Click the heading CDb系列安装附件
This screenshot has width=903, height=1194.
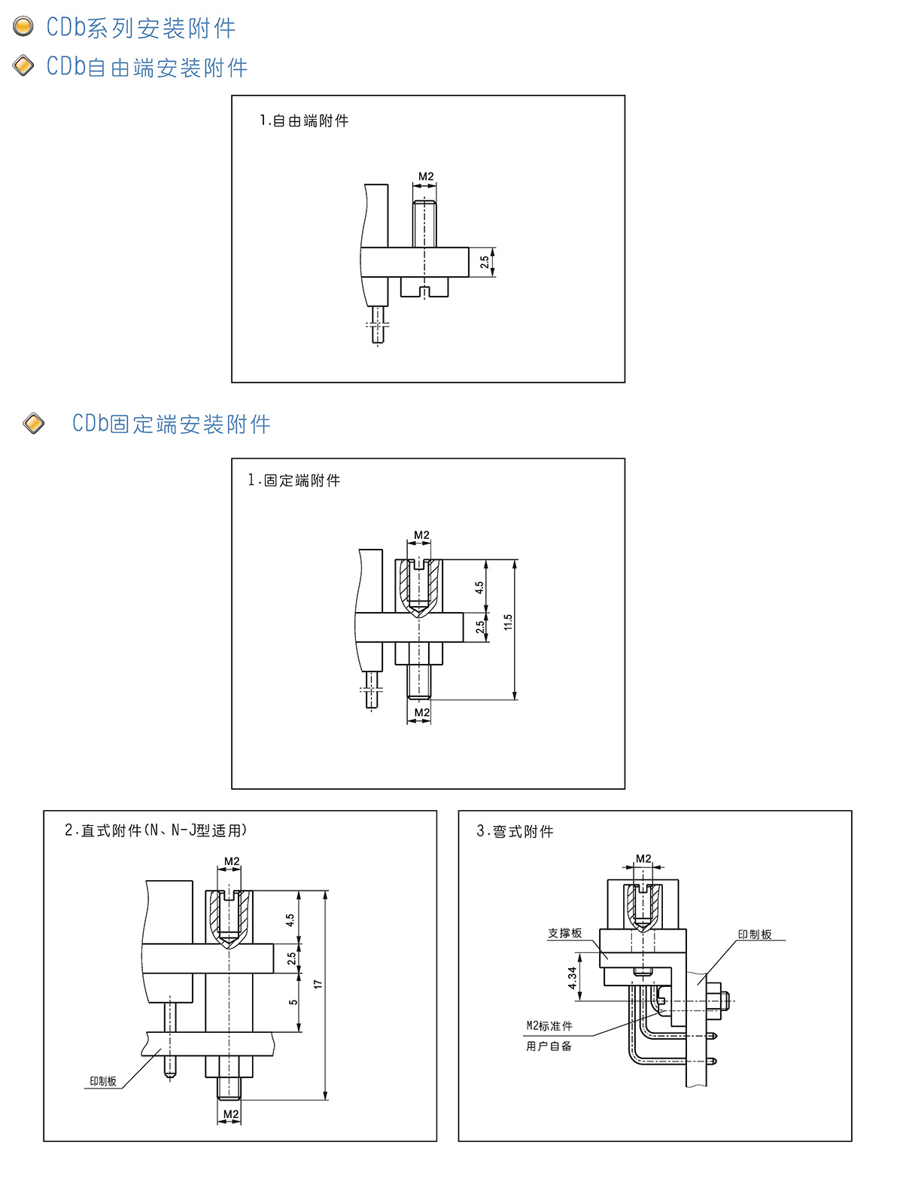141,28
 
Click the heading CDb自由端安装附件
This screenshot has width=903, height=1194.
147,67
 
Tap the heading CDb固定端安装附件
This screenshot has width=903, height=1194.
171,424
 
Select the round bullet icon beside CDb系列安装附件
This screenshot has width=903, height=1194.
24,26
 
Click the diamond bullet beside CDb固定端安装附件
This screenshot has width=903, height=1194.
34,423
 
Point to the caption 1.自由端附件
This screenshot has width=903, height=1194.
304,120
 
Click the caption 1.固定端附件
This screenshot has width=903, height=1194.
294,480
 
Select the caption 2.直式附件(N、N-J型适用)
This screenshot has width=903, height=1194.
156,830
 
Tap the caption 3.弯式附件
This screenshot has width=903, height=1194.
515,831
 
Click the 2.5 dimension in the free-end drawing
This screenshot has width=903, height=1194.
485,262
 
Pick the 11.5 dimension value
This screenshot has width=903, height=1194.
508,622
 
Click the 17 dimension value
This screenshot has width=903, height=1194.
318,985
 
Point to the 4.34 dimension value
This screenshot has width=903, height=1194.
573,978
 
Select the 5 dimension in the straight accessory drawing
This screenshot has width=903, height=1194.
293,1002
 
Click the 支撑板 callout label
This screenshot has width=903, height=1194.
564,934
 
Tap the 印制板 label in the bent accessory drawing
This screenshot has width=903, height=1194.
755,934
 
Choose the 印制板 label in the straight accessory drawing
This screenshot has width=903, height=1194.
103,1081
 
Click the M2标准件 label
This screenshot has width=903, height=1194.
549,1026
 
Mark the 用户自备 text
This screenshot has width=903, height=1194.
549,1046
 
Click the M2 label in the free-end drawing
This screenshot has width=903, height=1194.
426,176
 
